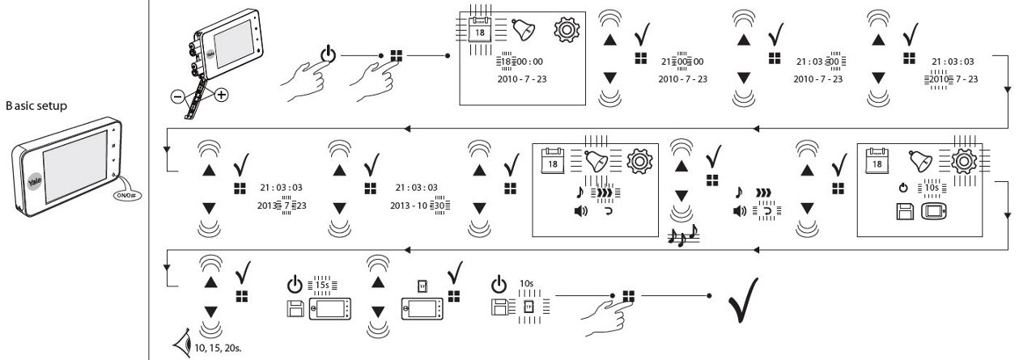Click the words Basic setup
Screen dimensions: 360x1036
coord(36,105)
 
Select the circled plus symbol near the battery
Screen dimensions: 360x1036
coord(219,94)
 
